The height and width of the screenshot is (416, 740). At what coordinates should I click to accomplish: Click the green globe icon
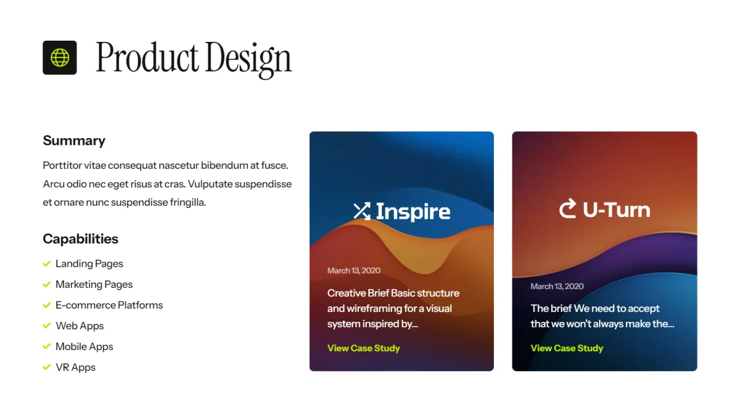[60, 57]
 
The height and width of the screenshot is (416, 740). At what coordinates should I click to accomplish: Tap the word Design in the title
[249, 59]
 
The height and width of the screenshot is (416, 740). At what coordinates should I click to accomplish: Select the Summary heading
[74, 141]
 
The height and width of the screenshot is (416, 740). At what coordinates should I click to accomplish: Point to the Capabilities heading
[80, 239]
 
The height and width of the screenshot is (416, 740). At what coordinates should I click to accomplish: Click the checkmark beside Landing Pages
[47, 264]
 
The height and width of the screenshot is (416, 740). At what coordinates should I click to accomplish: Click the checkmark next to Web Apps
[47, 325]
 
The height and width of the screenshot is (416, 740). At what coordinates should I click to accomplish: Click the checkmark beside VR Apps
[47, 367]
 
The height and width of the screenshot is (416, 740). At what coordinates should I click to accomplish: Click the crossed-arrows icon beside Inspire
[362, 211]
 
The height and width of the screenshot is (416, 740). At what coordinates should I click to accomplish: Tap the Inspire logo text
[413, 211]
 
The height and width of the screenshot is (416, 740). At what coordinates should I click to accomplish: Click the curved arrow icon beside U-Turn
[567, 208]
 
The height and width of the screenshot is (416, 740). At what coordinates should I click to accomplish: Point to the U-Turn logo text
[617, 210]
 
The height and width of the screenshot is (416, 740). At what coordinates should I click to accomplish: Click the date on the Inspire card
[354, 271]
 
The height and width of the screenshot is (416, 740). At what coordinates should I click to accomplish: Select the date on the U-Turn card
[557, 286]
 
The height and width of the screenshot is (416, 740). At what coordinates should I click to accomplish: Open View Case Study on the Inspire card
[363, 348]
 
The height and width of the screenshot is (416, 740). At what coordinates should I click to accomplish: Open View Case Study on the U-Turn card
[567, 348]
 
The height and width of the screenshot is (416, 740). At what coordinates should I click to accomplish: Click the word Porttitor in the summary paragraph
[62, 165]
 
